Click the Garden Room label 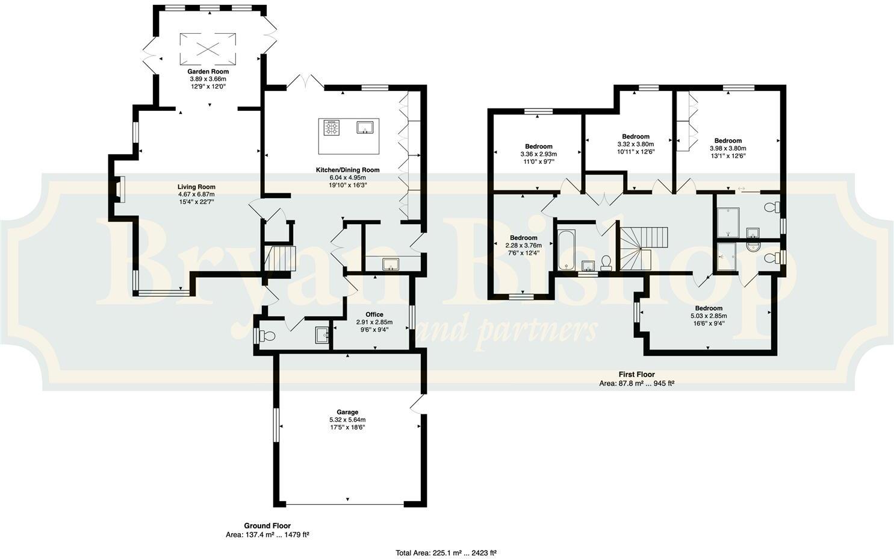click(208, 72)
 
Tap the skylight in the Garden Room click(208, 48)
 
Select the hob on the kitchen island click(332, 128)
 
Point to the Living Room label click(196, 187)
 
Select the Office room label click(374, 314)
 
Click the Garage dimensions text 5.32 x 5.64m click(347, 420)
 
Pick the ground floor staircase click(282, 258)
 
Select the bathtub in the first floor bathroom click(567, 249)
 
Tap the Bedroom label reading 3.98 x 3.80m click(727, 149)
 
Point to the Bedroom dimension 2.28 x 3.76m click(523, 245)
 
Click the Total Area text click(445, 552)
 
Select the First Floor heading click(636, 375)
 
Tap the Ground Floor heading click(267, 526)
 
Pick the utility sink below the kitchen click(390, 263)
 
